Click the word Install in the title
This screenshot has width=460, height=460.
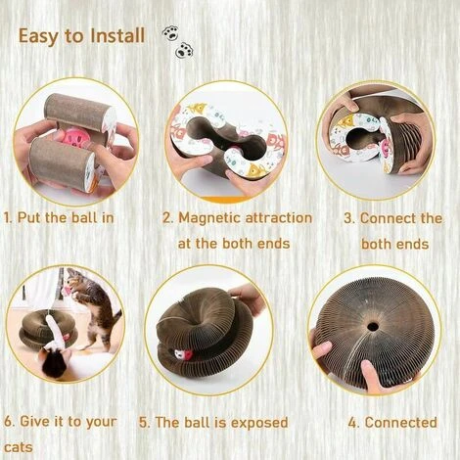(117, 35)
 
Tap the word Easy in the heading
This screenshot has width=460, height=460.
(38, 36)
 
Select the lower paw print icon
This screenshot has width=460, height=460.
(184, 51)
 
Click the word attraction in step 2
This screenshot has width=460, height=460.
(279, 217)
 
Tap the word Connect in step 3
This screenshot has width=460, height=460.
(389, 218)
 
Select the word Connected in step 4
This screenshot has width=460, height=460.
(401, 422)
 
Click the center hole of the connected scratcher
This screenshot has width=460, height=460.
(371, 326)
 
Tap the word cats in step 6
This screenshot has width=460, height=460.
(19, 447)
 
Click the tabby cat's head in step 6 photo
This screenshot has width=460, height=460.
(75, 280)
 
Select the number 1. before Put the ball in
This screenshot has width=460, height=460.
(8, 217)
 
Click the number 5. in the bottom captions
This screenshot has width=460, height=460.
(144, 423)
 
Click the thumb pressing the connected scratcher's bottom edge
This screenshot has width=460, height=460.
(373, 375)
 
